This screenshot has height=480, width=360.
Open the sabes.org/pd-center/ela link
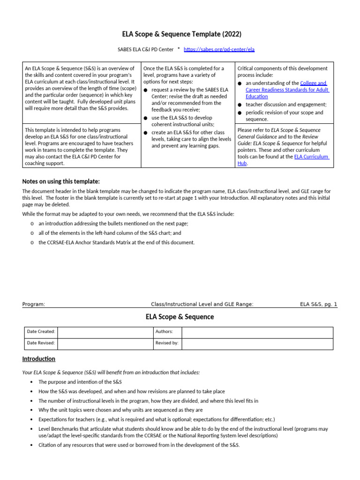pos(219,49)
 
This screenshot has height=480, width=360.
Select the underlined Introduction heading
pos(39,359)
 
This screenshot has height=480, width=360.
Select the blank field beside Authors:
pos(257,332)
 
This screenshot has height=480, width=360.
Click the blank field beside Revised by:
pos(257,343)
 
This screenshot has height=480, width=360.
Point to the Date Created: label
pos(41,332)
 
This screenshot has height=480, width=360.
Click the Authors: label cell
pos(164,332)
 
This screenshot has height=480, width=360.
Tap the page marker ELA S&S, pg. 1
pos(318,304)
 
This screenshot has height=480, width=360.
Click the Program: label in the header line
pos(34,304)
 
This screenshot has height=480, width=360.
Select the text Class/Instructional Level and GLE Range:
pos(202,304)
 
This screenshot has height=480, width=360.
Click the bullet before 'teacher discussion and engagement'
pos(240,105)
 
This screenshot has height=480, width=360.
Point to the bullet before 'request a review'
pos(146,90)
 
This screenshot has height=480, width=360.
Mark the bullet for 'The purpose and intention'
pos(31,382)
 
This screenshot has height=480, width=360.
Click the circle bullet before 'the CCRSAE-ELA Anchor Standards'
pos(32,243)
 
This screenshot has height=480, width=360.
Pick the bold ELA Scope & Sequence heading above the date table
pos(180,317)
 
